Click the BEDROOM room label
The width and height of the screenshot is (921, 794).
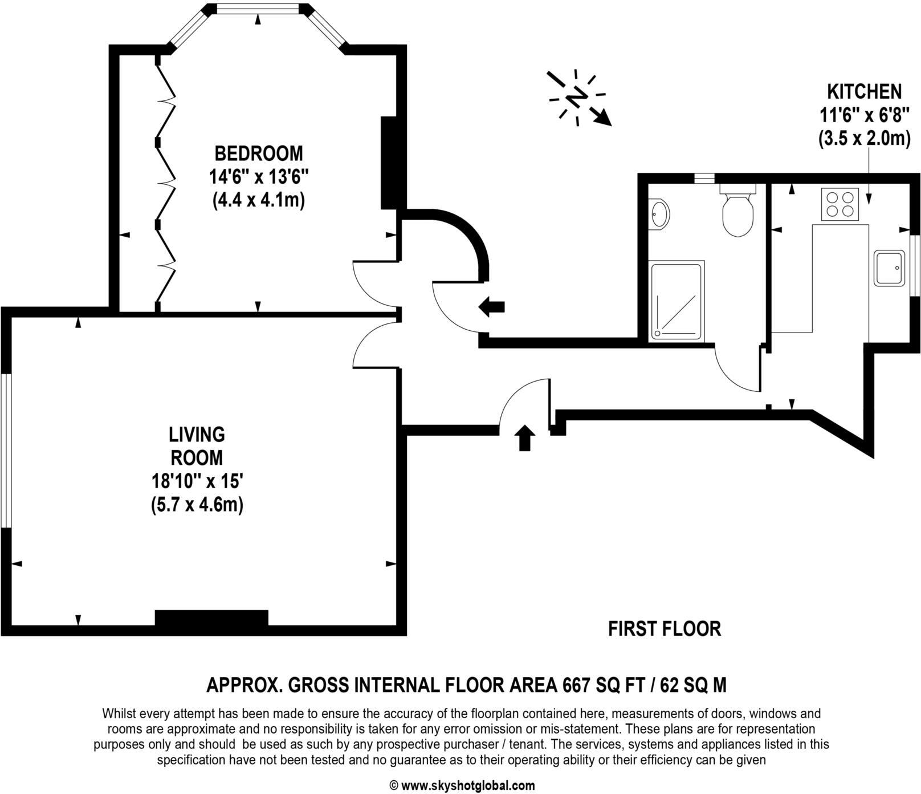(258, 153)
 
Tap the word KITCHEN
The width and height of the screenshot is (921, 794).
(864, 91)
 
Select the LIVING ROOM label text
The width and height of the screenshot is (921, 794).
(197, 446)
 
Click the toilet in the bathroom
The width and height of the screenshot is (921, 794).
(737, 213)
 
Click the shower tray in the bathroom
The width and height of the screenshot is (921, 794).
(677, 300)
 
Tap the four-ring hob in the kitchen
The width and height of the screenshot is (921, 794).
(840, 204)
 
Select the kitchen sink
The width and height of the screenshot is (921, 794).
(890, 268)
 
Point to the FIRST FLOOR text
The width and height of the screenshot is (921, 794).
(664, 629)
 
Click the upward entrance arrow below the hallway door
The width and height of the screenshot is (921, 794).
(524, 438)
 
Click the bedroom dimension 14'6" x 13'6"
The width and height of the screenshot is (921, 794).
(258, 177)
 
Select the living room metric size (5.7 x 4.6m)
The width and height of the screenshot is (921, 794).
(197, 505)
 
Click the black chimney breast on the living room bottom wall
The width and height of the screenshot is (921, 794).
(211, 618)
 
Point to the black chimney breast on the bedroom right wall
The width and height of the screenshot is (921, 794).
(389, 163)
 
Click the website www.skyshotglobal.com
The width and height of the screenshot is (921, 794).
(468, 785)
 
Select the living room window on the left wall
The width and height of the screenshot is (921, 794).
(6, 451)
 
